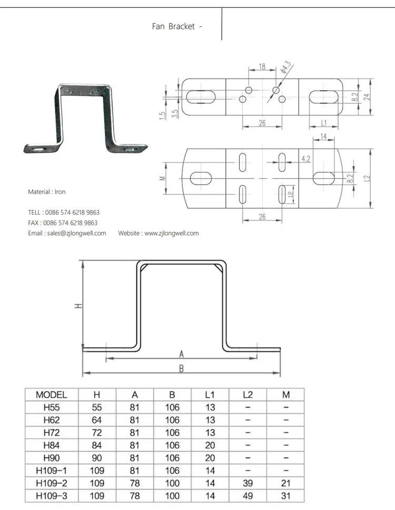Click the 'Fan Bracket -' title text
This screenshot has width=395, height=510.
click(x=177, y=26)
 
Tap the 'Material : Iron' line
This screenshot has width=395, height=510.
click(x=47, y=192)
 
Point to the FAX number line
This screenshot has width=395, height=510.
click(x=63, y=223)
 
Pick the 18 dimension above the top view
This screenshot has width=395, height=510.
click(x=261, y=67)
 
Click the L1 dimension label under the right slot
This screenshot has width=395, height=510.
click(x=325, y=123)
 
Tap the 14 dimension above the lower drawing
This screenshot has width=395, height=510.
click(x=323, y=136)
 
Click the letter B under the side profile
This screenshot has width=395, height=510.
click(x=181, y=369)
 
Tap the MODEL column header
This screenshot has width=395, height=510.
click(x=51, y=394)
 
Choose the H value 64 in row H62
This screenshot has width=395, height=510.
click(x=97, y=420)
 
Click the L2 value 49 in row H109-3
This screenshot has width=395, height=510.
click(x=248, y=496)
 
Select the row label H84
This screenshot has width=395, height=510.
click(x=51, y=445)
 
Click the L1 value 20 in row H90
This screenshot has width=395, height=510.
click(x=210, y=458)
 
